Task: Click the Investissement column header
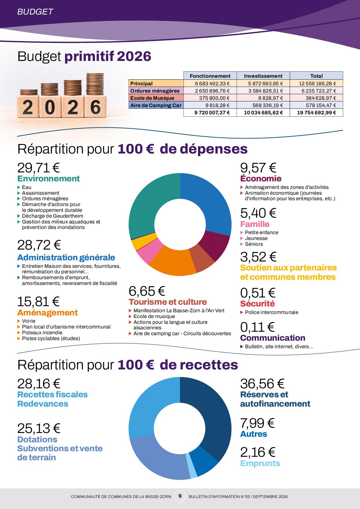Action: pos(263,76)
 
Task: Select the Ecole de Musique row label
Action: pos(152,98)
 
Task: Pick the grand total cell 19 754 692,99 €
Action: pos(316,113)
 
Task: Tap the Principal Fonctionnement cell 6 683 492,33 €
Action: pos(210,84)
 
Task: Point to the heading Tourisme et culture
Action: pos(168,302)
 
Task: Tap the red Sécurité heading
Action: pos(257,304)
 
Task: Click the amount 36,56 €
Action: pos(262,384)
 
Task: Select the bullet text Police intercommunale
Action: pos(271,312)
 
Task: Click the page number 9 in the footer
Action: pos(180,496)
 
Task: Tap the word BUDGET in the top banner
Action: pos(35,12)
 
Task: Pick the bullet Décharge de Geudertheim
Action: pos(53,216)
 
